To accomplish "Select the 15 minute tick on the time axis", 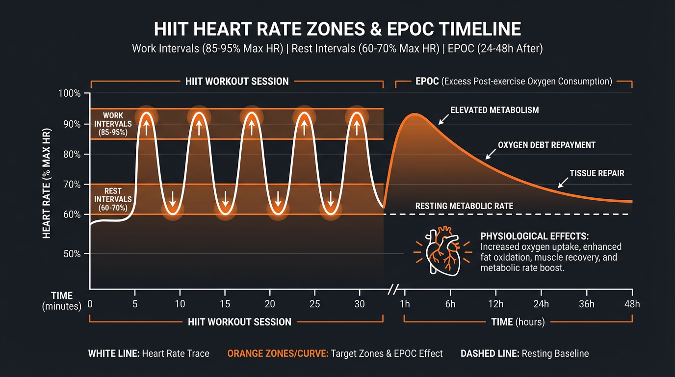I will [225, 304].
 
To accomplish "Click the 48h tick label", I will [632, 304].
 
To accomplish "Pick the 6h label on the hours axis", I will [450, 304].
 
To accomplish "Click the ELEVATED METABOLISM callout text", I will [494, 110].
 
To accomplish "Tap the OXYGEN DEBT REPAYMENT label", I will [546, 145].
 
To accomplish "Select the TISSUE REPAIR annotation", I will [597, 173].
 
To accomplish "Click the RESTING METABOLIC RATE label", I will [464, 206].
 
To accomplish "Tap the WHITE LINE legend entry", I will [149, 353].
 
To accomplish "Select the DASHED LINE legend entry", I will [524, 353].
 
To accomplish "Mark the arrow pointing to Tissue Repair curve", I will [564, 183].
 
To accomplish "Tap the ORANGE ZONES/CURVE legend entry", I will [335, 353].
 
